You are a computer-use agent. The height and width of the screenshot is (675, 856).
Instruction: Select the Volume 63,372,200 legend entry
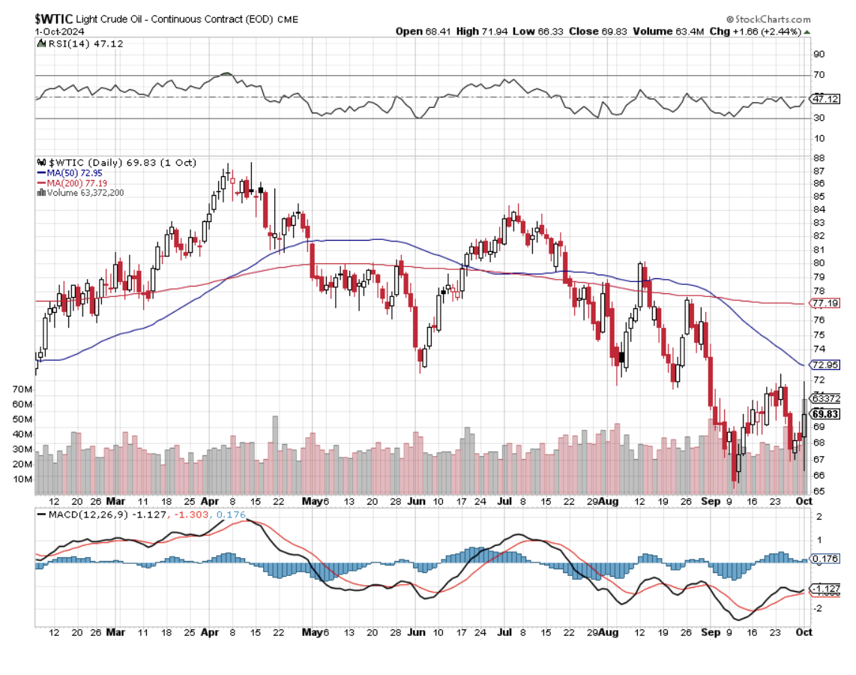tap(85, 192)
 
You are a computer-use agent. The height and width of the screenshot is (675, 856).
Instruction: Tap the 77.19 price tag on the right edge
tap(825, 304)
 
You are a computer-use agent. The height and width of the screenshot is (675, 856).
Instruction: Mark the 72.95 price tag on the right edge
tap(825, 364)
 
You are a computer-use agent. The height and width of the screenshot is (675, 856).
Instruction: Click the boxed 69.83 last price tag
tap(825, 414)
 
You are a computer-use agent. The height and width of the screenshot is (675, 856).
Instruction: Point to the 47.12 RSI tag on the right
tap(825, 98)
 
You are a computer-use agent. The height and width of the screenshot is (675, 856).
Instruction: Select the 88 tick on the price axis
tap(819, 157)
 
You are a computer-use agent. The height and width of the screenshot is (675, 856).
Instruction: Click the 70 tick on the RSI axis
tap(819, 75)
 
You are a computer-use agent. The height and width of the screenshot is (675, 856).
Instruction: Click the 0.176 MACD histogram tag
tap(825, 559)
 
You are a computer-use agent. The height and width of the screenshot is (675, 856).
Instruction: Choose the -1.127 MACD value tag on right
tap(826, 589)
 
